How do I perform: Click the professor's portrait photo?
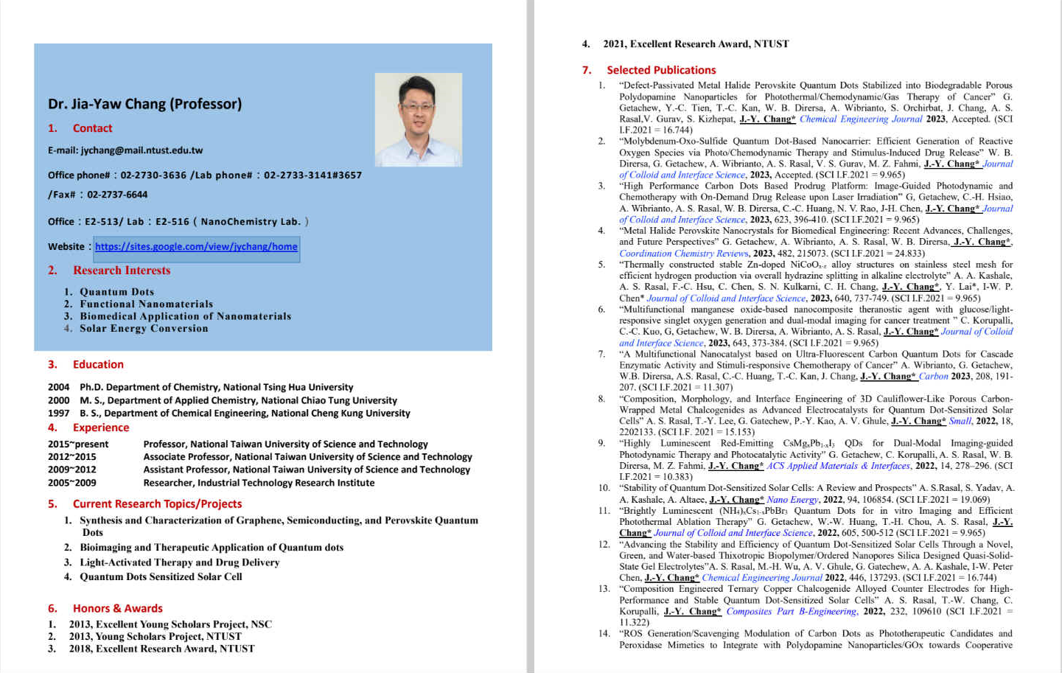point(418,119)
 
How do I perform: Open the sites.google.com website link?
point(196,247)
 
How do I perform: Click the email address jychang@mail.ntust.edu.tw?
point(142,150)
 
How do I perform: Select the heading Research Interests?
point(122,271)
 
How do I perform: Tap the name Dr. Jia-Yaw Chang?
point(144,104)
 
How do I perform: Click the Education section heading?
point(98,364)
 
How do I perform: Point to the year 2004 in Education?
point(59,387)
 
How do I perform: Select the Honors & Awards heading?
point(117,608)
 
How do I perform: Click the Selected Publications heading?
point(661,70)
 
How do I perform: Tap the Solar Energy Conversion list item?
point(144,329)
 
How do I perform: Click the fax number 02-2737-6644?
point(117,195)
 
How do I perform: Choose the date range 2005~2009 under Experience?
point(72,483)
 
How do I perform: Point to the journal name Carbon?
point(933,377)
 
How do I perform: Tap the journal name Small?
point(960,421)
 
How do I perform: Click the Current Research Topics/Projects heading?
point(157,504)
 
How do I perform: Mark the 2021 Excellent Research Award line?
point(696,44)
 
